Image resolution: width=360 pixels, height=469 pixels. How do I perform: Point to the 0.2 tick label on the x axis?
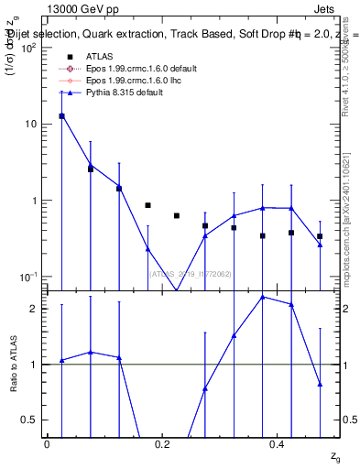[x=162, y=443]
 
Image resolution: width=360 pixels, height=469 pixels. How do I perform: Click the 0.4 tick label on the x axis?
[x=278, y=443]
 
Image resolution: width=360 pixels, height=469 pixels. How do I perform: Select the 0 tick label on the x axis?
[x=47, y=443]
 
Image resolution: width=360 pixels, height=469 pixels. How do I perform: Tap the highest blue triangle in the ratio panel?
[x=263, y=297]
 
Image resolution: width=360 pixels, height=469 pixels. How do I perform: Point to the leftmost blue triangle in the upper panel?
[x=61, y=115]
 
